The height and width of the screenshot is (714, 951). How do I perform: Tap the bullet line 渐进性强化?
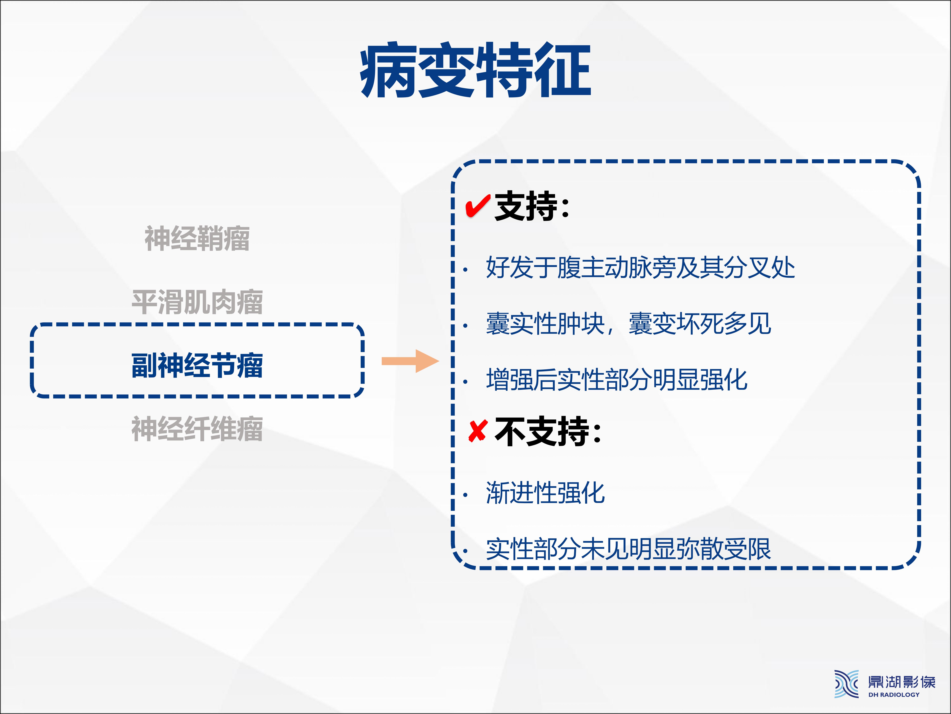point(545,492)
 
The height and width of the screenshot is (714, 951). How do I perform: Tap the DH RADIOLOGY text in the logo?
point(894,694)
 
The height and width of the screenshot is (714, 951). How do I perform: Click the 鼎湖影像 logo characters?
point(902,682)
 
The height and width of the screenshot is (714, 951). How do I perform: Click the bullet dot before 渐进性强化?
point(465,495)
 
